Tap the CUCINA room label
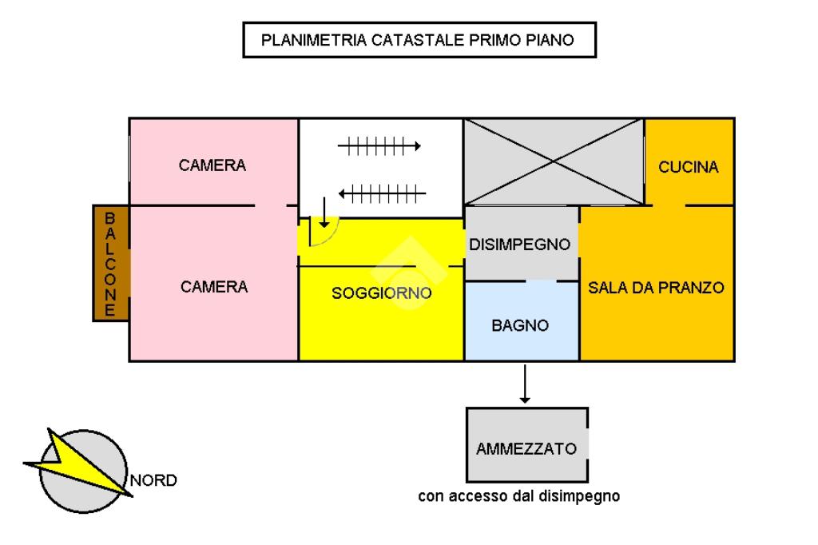click(x=689, y=167)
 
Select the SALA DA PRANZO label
click(x=656, y=288)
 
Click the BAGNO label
click(x=520, y=326)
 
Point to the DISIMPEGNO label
click(x=520, y=244)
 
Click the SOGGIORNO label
click(x=382, y=293)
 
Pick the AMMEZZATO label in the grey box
click(x=526, y=448)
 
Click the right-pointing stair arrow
click(x=379, y=146)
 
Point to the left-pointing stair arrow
click(x=382, y=193)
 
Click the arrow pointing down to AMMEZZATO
click(x=525, y=384)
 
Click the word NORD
click(x=153, y=480)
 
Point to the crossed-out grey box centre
click(x=554, y=161)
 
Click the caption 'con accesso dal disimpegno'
click(x=519, y=496)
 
